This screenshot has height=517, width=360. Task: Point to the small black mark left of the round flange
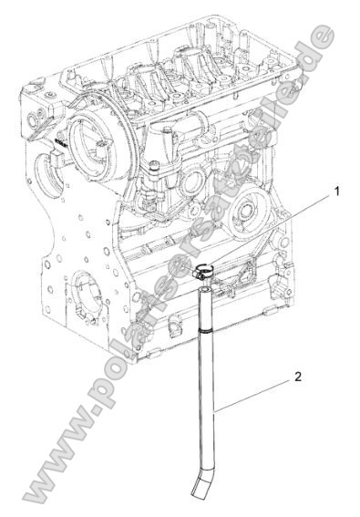click(x=57, y=144)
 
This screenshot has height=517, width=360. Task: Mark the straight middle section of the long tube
click(x=208, y=401)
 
